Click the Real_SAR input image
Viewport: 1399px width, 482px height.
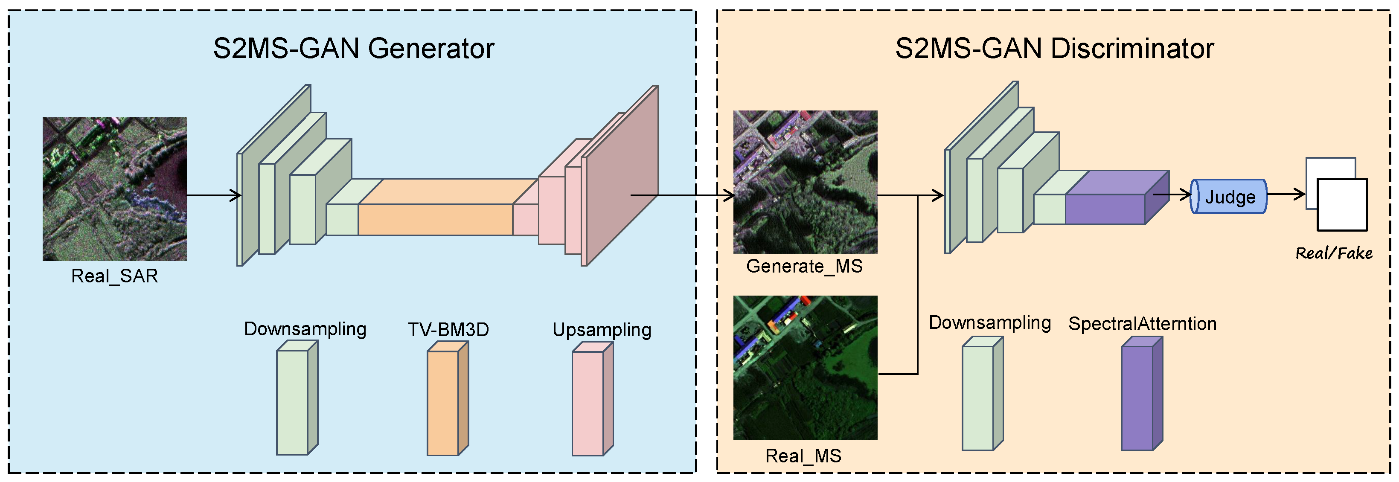[x=115, y=189]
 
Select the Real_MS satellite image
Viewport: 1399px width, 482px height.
[x=805, y=367]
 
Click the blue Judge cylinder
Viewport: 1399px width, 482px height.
[x=1229, y=197]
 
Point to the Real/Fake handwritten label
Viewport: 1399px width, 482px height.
[x=1334, y=253]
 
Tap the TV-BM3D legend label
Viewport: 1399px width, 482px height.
[x=448, y=329]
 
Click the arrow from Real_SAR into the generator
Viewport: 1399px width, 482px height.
[x=213, y=195]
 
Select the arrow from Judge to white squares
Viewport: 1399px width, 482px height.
[x=1286, y=194]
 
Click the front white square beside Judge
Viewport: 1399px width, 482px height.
[x=1342, y=205]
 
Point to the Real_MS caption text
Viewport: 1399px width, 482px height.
[x=803, y=456]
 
